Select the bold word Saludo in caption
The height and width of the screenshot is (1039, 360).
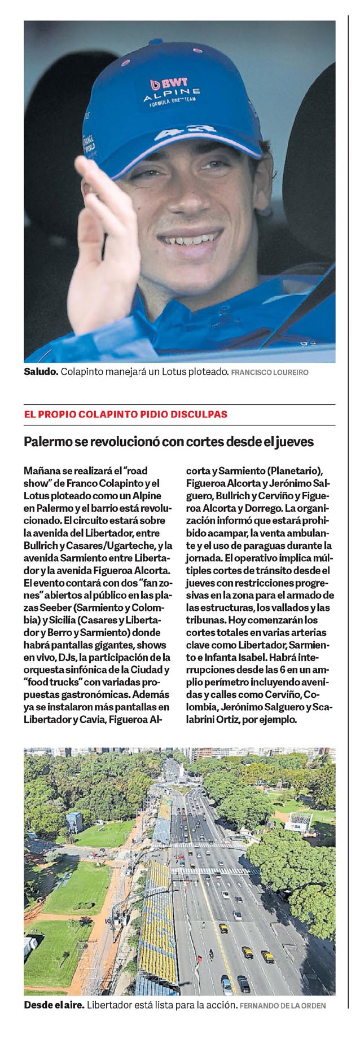[41, 372]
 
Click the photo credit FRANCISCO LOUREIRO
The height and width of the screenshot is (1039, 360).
[270, 373]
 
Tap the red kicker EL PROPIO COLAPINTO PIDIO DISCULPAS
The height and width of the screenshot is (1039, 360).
[125, 414]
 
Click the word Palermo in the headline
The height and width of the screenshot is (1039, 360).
[48, 442]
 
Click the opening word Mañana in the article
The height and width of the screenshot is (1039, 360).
[41, 470]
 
